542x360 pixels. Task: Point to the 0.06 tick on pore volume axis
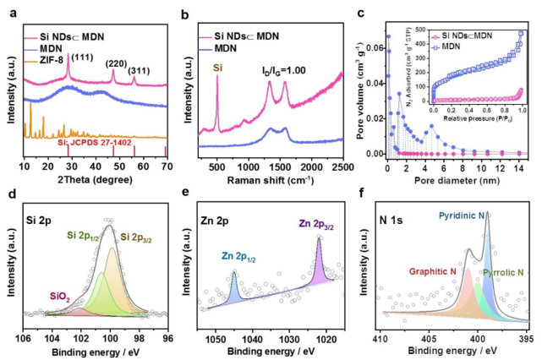coord(375,35)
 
